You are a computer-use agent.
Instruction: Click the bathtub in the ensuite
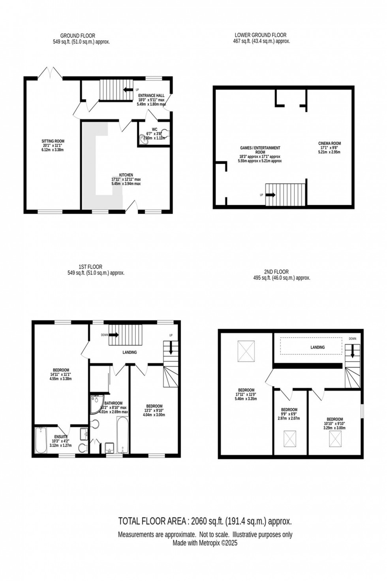coord(41,440)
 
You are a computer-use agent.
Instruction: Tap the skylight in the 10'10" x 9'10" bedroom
coord(336,438)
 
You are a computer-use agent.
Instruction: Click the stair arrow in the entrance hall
coord(128,90)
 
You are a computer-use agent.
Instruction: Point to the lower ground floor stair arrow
coord(271,195)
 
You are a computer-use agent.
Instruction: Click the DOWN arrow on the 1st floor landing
coord(114,335)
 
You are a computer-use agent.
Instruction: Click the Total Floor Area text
coord(205,521)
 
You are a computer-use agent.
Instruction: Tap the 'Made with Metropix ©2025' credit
coord(205,543)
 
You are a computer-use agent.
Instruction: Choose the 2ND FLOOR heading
coord(276,272)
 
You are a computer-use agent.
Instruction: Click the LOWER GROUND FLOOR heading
coord(261,35)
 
